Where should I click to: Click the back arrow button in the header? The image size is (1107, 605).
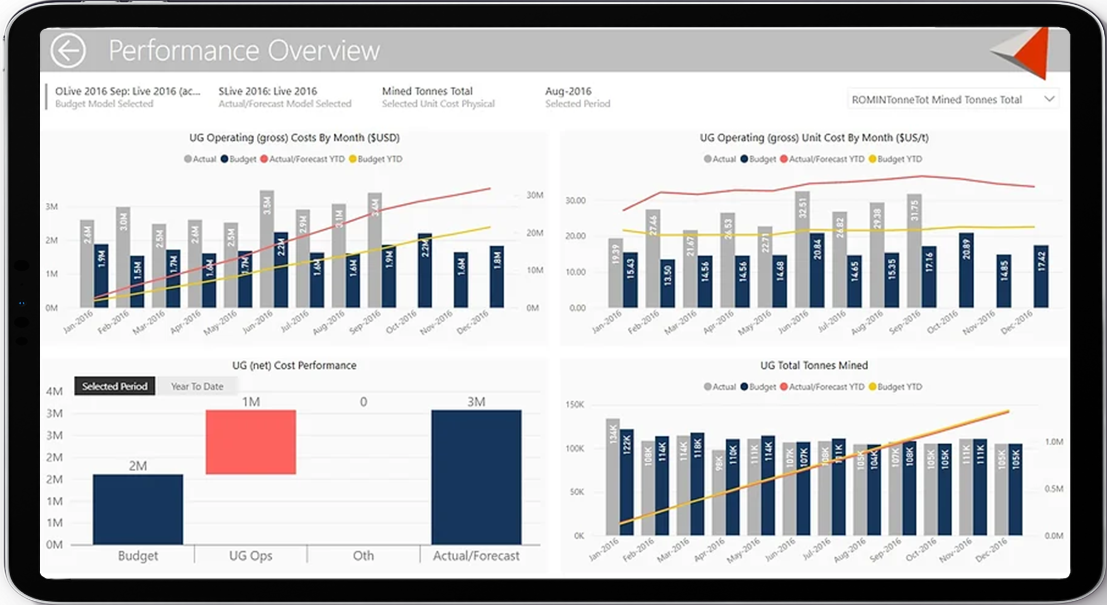point(68,50)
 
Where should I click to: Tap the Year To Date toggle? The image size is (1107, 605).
point(197,386)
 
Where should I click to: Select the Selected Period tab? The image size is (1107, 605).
point(115,386)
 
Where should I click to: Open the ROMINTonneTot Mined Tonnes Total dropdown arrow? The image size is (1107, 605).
point(1049,99)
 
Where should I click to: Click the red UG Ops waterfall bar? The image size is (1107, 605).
point(250,442)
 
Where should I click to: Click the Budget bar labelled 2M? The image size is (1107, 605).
point(138,509)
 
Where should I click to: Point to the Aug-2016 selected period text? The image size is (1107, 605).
point(568,91)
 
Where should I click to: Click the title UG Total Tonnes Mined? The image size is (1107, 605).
point(814,365)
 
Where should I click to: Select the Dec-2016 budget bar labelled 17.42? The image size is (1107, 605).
point(1041,276)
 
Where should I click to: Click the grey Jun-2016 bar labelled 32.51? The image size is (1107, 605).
point(802,249)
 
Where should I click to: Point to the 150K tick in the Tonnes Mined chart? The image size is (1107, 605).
point(574,404)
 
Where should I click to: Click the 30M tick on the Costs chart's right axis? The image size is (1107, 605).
point(534,195)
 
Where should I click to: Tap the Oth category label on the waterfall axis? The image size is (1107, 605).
point(363,556)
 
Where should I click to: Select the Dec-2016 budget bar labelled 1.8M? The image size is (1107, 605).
point(497,276)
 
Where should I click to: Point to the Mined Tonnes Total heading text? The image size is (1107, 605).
point(427,91)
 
